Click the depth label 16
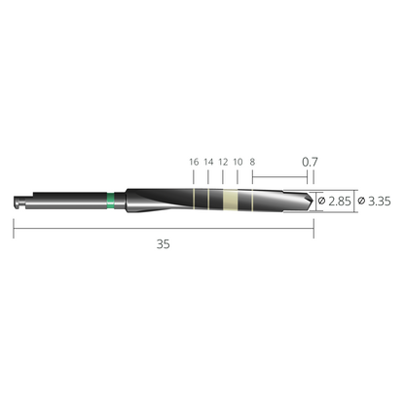click(x=194, y=162)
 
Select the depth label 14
click(x=208, y=162)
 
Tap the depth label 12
click(x=223, y=162)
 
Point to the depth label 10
click(x=238, y=162)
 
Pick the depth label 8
click(x=252, y=162)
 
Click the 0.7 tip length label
click(x=310, y=162)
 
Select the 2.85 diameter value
click(x=340, y=202)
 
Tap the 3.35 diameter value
click(x=380, y=202)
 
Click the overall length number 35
click(x=163, y=244)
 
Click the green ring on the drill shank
click(x=111, y=201)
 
